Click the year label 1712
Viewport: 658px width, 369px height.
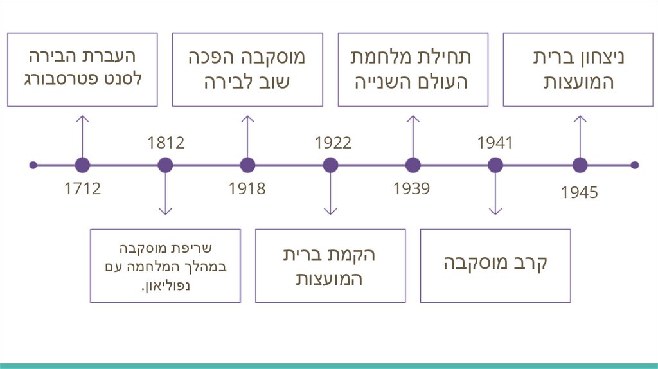82,189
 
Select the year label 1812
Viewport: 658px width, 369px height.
165,142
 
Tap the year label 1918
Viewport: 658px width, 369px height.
247,189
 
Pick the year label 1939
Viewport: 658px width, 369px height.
411,189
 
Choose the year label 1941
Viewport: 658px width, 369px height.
495,142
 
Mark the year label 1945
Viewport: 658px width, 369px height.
579,192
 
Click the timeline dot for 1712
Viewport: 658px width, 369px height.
82,165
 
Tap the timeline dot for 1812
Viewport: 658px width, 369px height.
165,165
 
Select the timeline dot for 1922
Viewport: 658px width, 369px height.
330,165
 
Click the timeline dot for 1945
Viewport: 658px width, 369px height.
580,165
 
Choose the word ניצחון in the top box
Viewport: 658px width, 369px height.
597,57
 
